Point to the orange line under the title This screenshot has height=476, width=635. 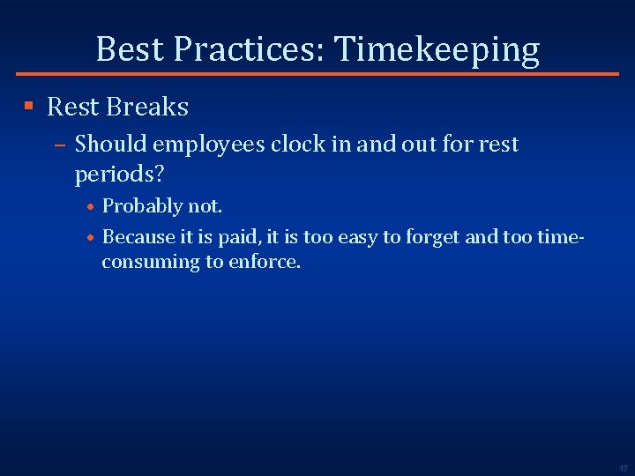[317, 74]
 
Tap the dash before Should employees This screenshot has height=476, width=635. [61, 144]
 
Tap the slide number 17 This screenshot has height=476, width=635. [623, 468]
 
